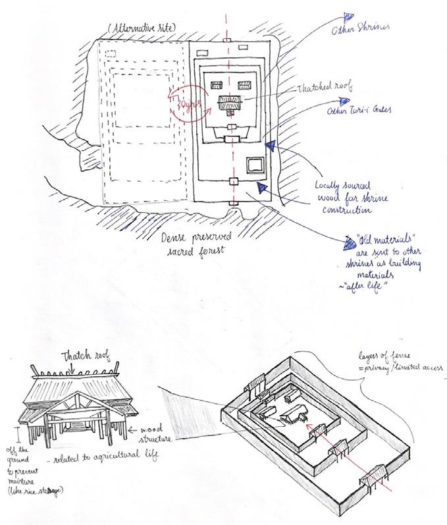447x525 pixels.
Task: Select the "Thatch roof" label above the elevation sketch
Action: pos(92,357)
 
